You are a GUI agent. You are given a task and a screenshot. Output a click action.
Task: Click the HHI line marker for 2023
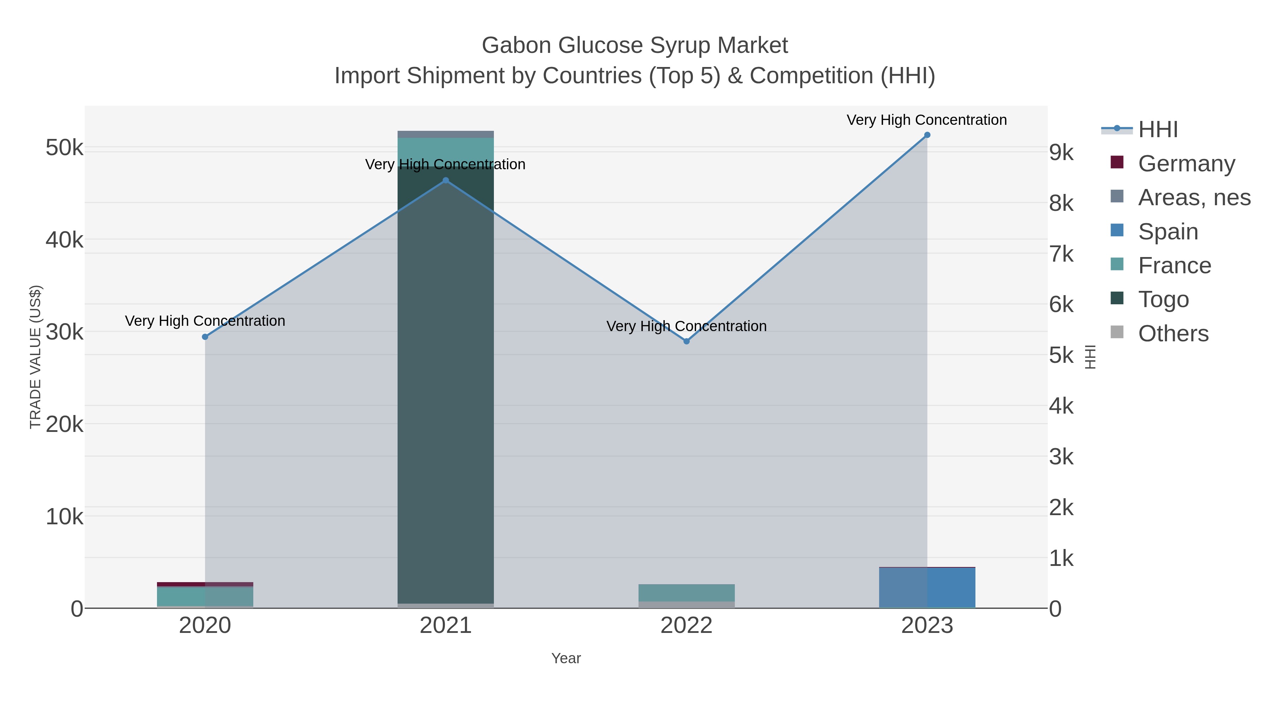pos(927,135)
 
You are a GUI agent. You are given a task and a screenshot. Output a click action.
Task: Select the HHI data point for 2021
pos(446,180)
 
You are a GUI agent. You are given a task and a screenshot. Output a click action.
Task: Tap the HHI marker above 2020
pos(205,337)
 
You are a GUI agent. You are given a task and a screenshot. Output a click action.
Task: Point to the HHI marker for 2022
pos(686,341)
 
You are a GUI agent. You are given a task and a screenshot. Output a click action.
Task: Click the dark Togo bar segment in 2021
pos(446,384)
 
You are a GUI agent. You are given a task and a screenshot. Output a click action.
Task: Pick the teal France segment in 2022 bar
pos(686,593)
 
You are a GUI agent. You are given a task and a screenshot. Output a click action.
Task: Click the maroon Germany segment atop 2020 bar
pos(205,584)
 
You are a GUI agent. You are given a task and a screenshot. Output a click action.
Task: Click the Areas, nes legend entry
pos(1193,197)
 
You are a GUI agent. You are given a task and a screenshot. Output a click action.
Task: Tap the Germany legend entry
pos(1186,164)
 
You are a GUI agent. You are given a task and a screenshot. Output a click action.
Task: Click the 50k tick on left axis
pos(65,148)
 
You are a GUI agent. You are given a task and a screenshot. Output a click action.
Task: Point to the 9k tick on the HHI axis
pos(1061,153)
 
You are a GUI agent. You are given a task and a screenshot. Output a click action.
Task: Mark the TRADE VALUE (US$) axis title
pos(36,357)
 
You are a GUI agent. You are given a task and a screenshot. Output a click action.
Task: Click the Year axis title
pos(566,658)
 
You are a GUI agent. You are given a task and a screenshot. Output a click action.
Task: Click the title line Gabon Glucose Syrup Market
pos(635,45)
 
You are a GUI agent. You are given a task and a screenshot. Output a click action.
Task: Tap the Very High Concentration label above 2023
pos(926,120)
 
